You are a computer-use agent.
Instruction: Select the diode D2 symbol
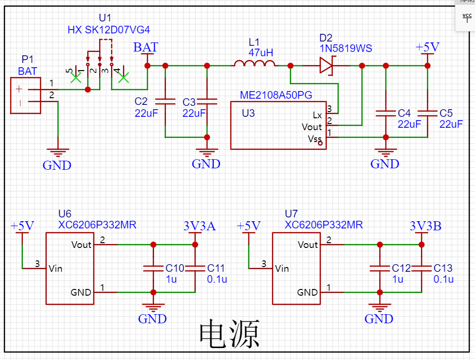coord(327,65)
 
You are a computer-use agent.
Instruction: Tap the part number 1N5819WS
coord(346,49)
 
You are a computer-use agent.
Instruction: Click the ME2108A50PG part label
coord(276,95)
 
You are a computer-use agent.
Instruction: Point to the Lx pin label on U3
coord(317,115)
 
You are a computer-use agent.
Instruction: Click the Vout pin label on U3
coord(312,127)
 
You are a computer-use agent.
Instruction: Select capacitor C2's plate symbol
coord(165,101)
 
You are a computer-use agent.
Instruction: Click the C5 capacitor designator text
coord(446,113)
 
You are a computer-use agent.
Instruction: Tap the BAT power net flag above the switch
coord(146,48)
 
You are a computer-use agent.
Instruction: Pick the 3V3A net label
coord(199,226)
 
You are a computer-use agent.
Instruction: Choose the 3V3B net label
coord(425,226)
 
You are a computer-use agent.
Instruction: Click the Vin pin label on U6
coord(55,268)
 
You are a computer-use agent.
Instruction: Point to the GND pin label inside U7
coord(308,292)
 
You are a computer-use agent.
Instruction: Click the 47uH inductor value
coord(261,52)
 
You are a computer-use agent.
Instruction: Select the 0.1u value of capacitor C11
coord(217,279)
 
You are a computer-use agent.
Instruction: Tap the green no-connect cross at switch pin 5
coord(75,78)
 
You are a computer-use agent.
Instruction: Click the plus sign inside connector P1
coord(19,89)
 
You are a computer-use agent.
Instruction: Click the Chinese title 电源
coord(229,334)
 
